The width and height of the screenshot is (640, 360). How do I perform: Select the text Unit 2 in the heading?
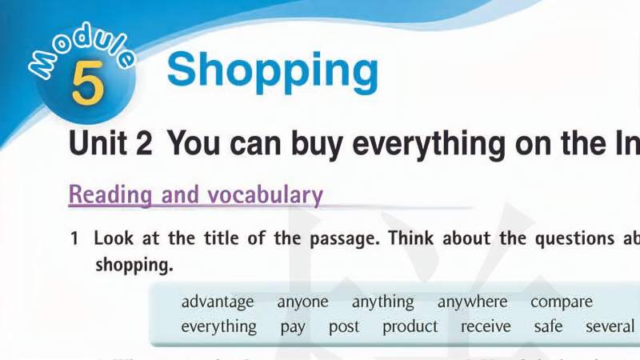[110, 144]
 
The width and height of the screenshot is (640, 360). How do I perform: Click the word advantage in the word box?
[218, 302]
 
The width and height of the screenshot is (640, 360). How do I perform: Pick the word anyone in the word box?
[302, 302]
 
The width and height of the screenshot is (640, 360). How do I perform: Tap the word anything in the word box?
[382, 302]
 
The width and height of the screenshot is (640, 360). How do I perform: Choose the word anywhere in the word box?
[472, 302]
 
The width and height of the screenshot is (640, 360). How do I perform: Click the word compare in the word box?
[562, 302]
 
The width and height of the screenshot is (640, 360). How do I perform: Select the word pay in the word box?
[293, 327]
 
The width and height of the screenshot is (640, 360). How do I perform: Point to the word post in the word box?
[344, 327]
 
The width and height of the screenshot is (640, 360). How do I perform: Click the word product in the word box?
[410, 327]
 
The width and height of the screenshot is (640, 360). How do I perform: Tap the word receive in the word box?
[486, 327]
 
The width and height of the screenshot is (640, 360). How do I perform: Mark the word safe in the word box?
[548, 327]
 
